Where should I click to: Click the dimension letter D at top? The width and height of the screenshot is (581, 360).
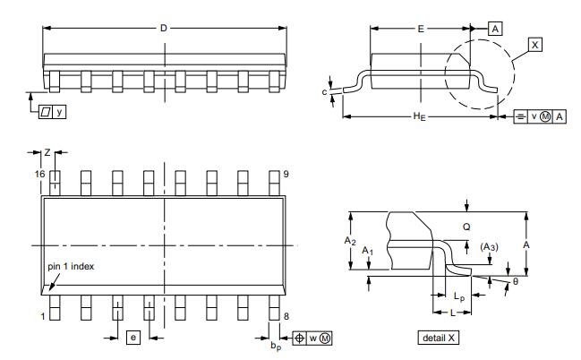tap(164, 28)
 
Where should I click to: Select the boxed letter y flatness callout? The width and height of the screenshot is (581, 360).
tap(60, 111)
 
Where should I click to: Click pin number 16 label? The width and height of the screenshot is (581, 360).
tap(39, 173)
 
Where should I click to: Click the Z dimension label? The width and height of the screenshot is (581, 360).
tap(47, 153)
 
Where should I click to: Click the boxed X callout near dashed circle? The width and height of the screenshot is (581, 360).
tap(534, 44)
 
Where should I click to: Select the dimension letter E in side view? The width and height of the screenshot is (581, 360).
tap(421, 29)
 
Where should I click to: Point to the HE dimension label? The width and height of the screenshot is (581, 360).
tap(419, 116)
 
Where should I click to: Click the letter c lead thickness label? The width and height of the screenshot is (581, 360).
tap(324, 90)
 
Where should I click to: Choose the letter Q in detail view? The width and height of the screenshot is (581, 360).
tap(466, 227)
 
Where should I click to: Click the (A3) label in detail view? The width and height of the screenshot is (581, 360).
tap(490, 246)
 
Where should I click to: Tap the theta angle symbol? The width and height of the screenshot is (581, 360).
tap(515, 282)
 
